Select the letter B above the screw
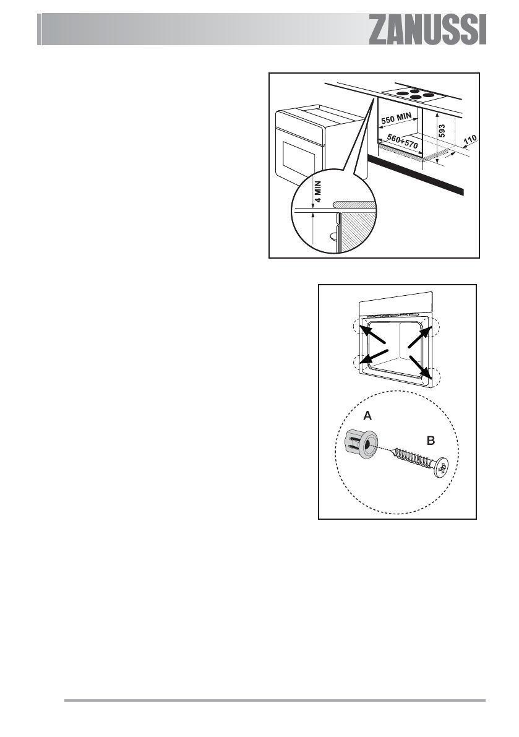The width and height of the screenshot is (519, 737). coord(431,442)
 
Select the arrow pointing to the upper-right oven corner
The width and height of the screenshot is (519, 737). coord(419,337)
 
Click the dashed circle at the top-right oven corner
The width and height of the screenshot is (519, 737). coord(433,325)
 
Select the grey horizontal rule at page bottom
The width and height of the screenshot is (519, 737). coord(275,701)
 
